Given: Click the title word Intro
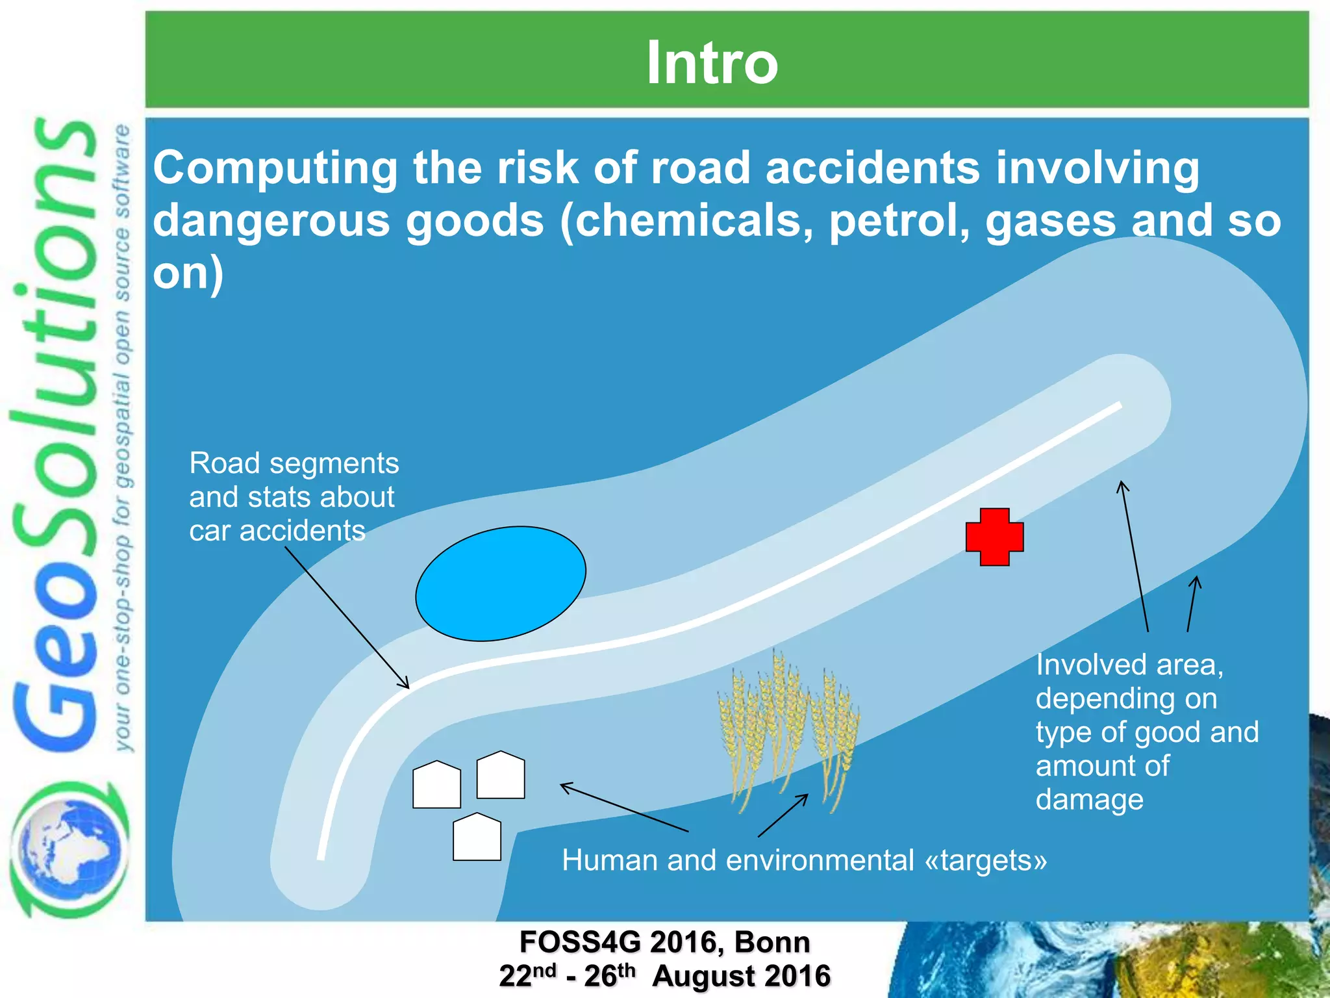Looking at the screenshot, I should click(712, 62).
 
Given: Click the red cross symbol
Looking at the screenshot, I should click(994, 537).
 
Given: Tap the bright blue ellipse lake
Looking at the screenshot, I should click(501, 583).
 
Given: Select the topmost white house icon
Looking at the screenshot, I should click(500, 775).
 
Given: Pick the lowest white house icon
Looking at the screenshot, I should click(477, 838).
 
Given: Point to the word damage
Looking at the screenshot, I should click(1089, 800).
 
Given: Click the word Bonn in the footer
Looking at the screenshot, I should click(772, 942).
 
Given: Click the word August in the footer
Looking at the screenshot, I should click(697, 977).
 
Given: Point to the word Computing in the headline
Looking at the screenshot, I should click(275, 168).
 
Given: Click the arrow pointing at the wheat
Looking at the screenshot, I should click(783, 815).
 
